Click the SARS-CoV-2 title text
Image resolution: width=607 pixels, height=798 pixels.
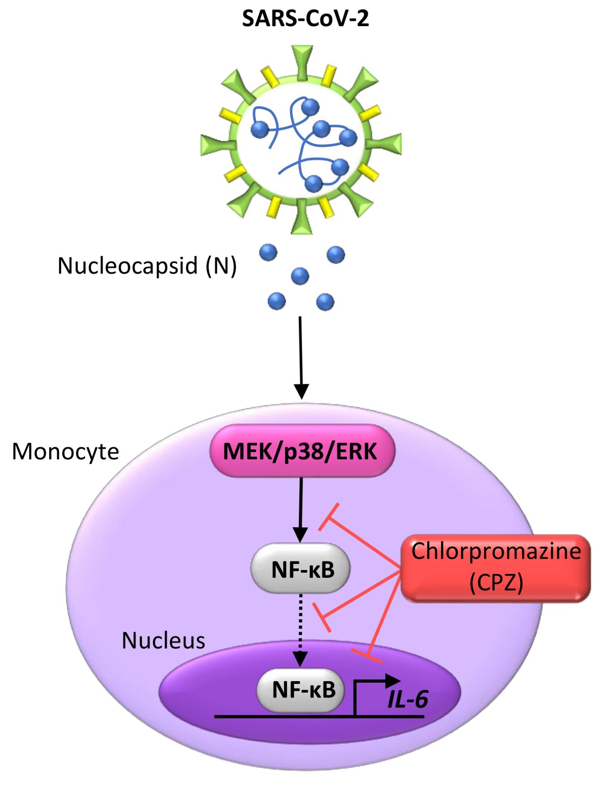pyautogui.click(x=305, y=18)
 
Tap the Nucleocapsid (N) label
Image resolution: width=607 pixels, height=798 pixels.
pyautogui.click(x=147, y=266)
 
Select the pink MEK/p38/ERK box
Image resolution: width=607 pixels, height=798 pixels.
pyautogui.click(x=302, y=451)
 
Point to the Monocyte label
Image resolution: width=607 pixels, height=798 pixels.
pyautogui.click(x=65, y=452)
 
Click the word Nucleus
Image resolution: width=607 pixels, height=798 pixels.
pyautogui.click(x=163, y=641)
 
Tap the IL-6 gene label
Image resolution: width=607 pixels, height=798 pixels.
pyautogui.click(x=408, y=699)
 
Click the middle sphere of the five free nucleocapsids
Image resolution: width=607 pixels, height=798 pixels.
pyautogui.click(x=300, y=276)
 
